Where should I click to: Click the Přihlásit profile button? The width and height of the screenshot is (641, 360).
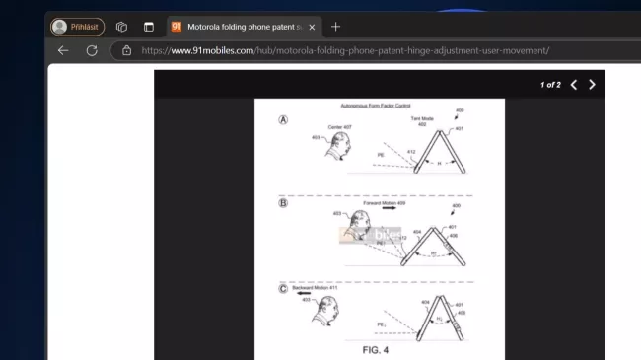[77, 27]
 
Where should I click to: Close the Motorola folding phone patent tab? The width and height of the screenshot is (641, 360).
[312, 27]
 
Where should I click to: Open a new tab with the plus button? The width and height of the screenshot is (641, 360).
[335, 27]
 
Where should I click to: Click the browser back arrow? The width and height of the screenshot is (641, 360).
[63, 50]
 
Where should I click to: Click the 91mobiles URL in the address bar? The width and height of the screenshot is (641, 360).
[345, 50]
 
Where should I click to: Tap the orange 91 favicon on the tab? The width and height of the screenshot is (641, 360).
[177, 27]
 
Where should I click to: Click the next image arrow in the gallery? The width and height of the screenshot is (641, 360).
[592, 85]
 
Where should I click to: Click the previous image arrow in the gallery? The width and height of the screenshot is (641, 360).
[574, 85]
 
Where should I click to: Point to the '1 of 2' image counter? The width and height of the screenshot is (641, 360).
[550, 85]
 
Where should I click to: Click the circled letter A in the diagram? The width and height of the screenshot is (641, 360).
[283, 119]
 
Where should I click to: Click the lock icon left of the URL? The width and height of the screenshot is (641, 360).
[126, 50]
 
